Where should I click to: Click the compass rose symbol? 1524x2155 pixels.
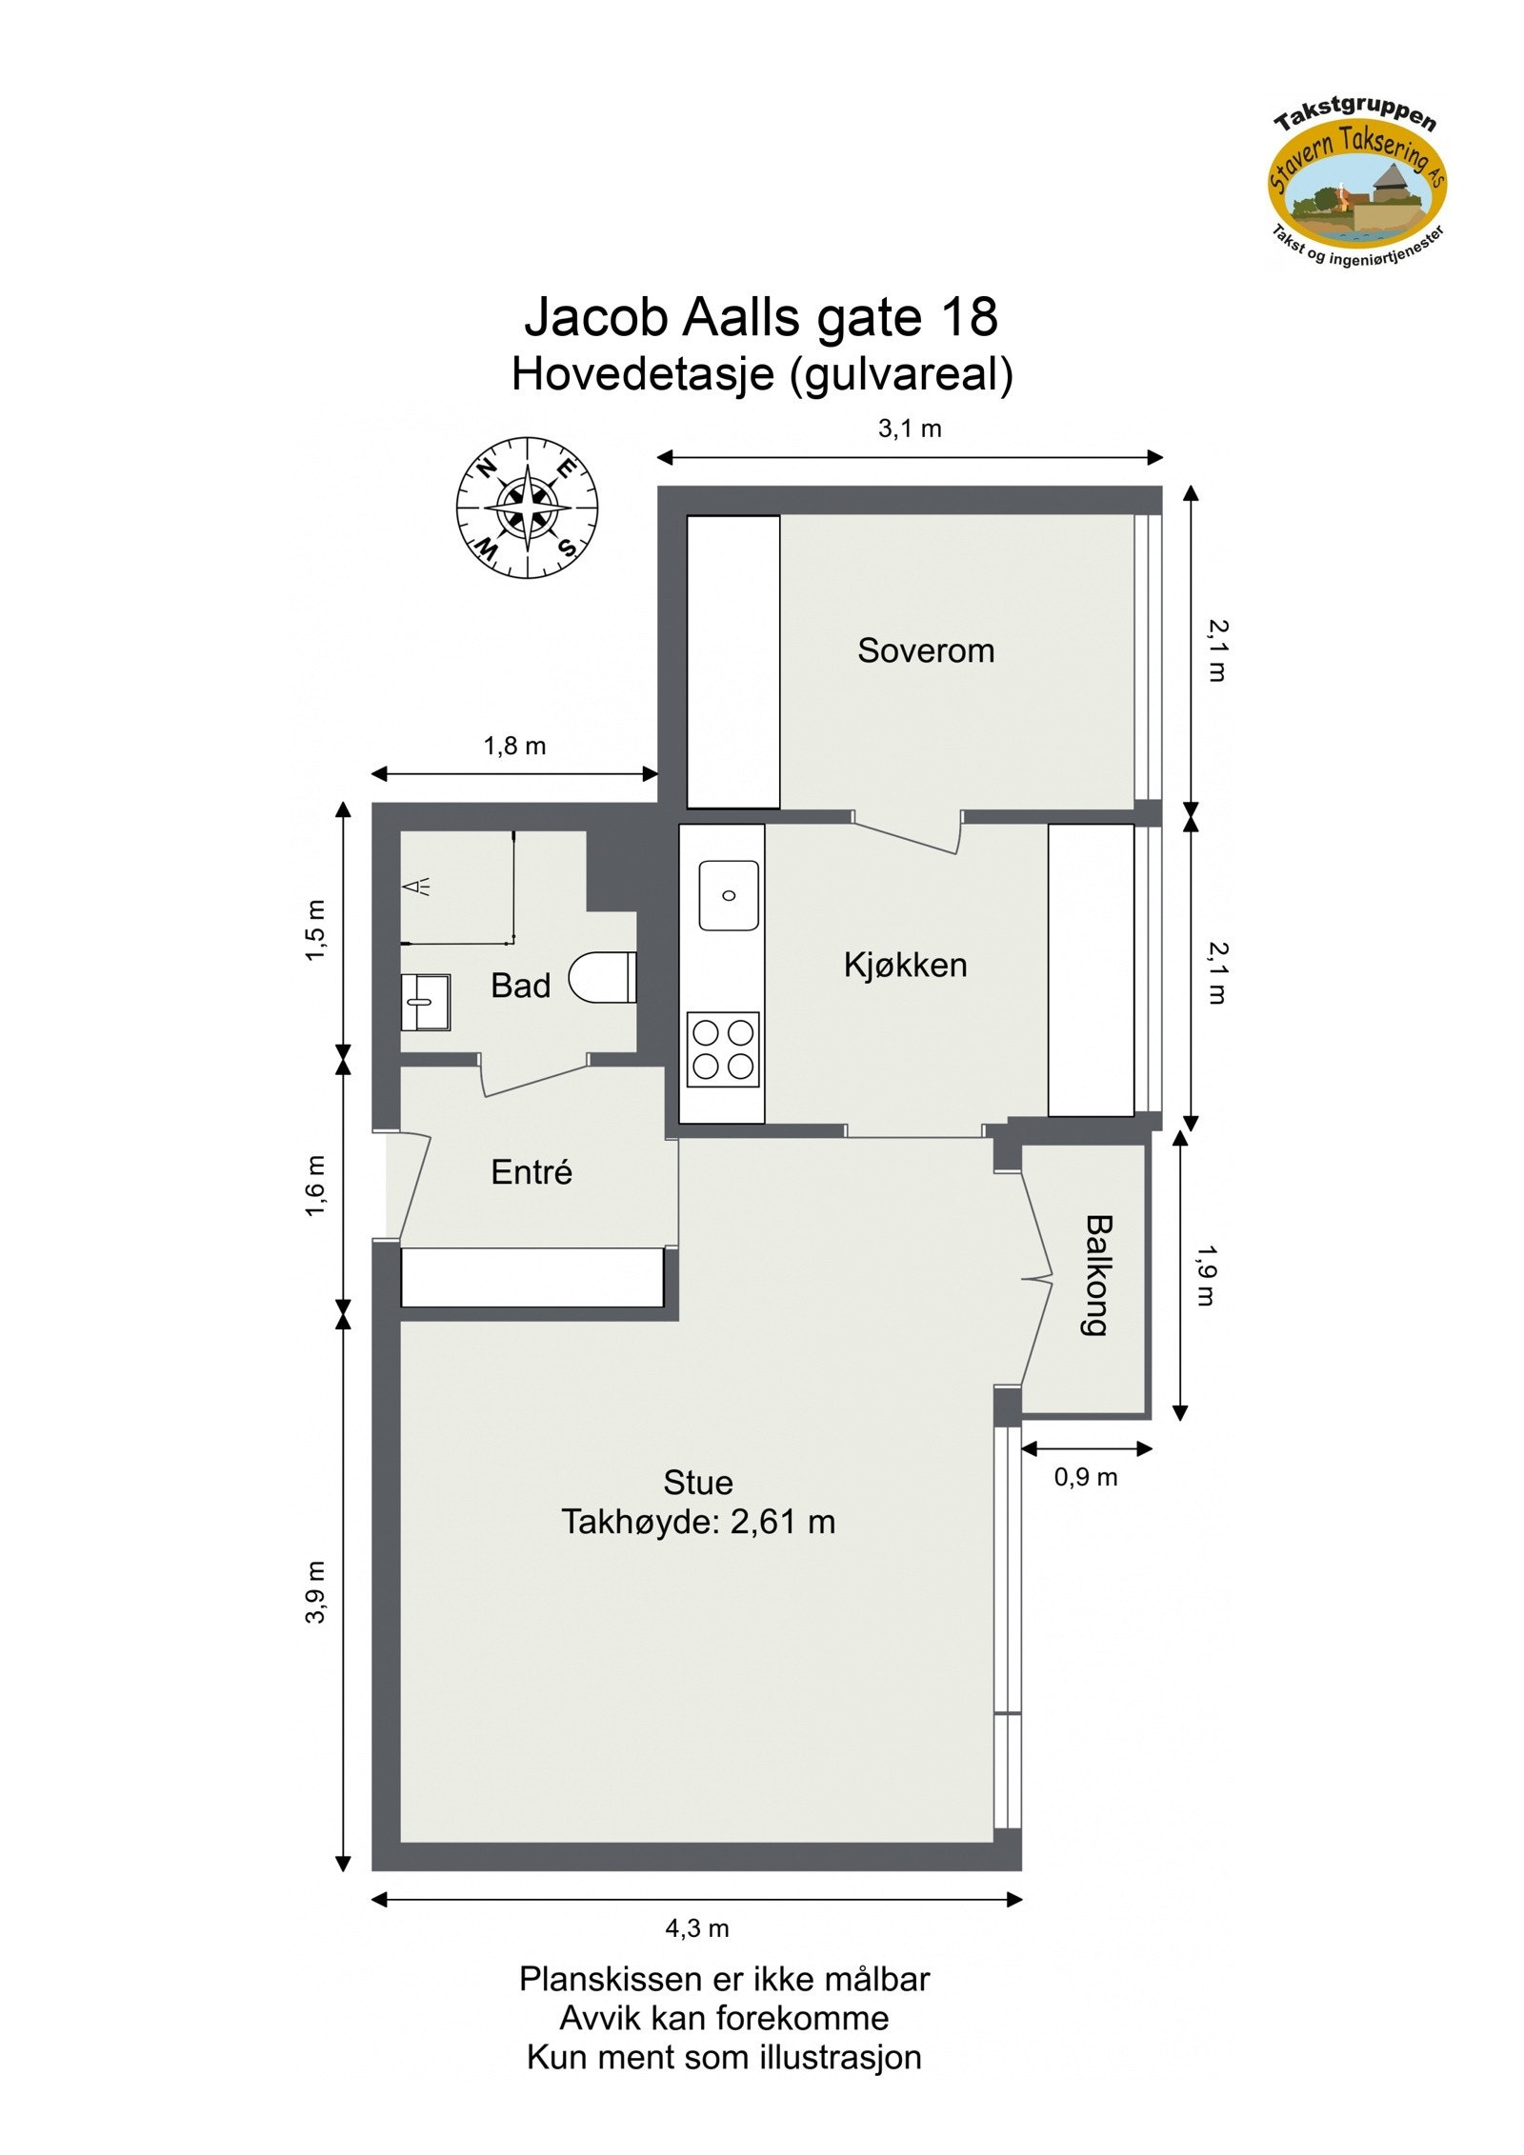(x=527, y=508)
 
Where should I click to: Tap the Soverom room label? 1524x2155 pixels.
(x=925, y=650)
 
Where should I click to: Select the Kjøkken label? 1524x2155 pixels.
(x=905, y=965)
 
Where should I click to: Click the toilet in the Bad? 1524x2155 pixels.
(x=602, y=977)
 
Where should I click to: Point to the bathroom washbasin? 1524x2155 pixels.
(x=425, y=1001)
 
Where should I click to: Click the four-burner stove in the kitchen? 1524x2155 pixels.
(x=723, y=1048)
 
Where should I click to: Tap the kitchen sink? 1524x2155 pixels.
(x=729, y=895)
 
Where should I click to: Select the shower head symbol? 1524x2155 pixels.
(x=417, y=887)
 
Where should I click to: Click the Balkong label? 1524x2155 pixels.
(x=1098, y=1275)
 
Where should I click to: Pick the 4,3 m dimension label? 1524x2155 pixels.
(x=696, y=1928)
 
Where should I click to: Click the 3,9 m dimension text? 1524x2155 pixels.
(x=316, y=1591)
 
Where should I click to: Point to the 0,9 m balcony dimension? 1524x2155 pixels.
(x=1085, y=1477)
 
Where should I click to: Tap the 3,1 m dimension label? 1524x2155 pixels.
(x=910, y=429)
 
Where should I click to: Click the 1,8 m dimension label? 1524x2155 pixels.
(x=514, y=746)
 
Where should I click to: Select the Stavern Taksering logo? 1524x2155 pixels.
(x=1356, y=186)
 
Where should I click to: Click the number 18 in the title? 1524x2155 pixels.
(x=968, y=317)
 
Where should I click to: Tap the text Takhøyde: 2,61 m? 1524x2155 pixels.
(x=697, y=1522)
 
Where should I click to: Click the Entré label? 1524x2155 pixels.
(x=531, y=1172)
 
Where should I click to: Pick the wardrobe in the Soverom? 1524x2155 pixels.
(x=732, y=662)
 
